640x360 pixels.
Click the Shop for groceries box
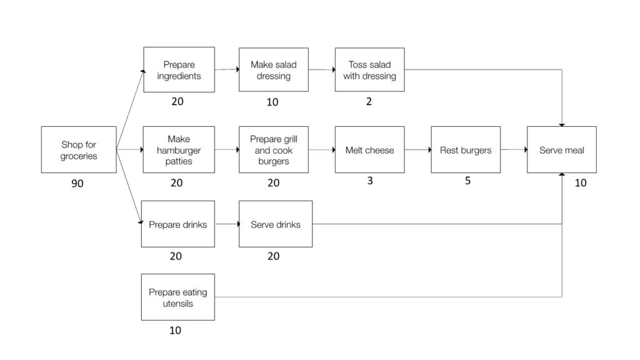(79, 150)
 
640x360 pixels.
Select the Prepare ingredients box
(179, 70)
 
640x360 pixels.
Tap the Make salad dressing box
(274, 70)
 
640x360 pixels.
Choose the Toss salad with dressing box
(369, 70)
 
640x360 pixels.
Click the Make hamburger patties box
(179, 150)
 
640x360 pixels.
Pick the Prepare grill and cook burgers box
(274, 150)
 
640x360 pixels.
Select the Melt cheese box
(369, 150)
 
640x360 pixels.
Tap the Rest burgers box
(466, 150)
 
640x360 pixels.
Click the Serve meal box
(561, 150)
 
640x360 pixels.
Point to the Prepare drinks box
(178, 224)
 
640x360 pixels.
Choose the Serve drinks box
(275, 224)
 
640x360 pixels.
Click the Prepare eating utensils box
(178, 297)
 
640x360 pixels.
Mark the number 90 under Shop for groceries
(77, 184)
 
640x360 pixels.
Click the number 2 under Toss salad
(369, 101)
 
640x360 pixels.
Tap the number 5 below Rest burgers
(467, 181)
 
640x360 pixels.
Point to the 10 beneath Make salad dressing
(272, 102)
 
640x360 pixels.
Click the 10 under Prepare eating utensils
(176, 330)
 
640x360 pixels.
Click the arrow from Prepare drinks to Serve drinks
(227, 224)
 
